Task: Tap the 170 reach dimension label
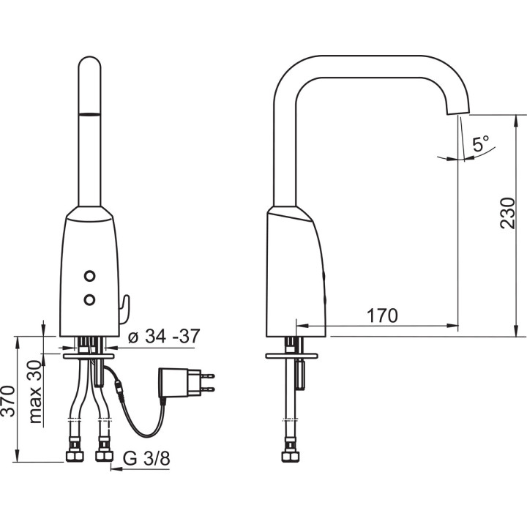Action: pos(382,315)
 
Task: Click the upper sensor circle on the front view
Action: pos(90,276)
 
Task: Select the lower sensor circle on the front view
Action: pos(90,299)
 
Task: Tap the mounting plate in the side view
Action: pos(291,356)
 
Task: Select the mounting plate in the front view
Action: pos(88,356)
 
